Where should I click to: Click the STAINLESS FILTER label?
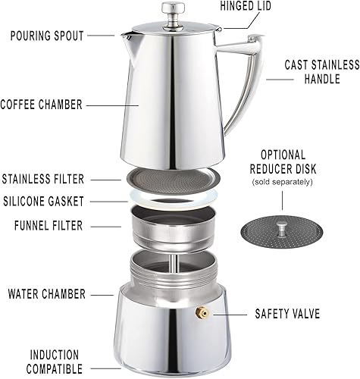(x=53, y=180)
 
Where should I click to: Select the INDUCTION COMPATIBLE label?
(x=55, y=362)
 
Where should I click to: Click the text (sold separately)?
(x=282, y=183)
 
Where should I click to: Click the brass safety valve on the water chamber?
(x=203, y=312)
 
